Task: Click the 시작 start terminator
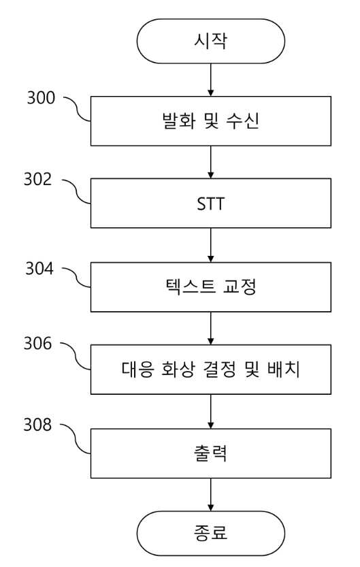[x=211, y=42]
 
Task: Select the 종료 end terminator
[x=211, y=533]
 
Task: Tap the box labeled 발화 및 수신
[x=211, y=121]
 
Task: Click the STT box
[x=211, y=204]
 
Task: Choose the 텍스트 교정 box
[x=211, y=287]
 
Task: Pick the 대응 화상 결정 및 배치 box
[x=211, y=369]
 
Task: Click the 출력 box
[x=211, y=453]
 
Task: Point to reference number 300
[x=42, y=97]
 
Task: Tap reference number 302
[x=38, y=180]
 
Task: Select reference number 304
[x=39, y=268]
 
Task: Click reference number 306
[x=38, y=343]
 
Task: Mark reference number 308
[x=38, y=425]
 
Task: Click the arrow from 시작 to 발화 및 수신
[x=211, y=80]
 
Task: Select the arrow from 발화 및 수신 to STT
[x=211, y=162]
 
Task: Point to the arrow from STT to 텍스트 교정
[x=211, y=245]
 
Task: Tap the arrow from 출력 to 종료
[x=211, y=495]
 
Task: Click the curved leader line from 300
[x=78, y=109]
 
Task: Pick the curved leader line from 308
[x=75, y=438]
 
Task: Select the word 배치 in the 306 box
[x=284, y=369]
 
